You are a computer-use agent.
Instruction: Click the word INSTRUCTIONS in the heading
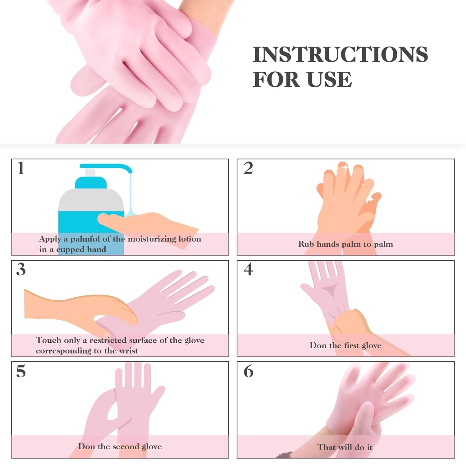click(x=340, y=55)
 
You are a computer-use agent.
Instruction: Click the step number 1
click(x=21, y=168)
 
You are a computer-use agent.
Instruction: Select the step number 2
click(x=248, y=168)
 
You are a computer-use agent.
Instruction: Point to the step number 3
click(x=21, y=269)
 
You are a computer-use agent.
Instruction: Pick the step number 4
click(x=248, y=269)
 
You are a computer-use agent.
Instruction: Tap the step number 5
click(x=21, y=371)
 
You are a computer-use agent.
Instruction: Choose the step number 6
click(x=248, y=371)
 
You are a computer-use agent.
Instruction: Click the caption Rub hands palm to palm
click(x=345, y=244)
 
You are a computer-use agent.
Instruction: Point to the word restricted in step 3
click(x=108, y=340)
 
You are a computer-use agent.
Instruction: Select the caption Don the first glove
click(x=345, y=345)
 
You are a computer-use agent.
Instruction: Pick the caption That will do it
click(x=345, y=447)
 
